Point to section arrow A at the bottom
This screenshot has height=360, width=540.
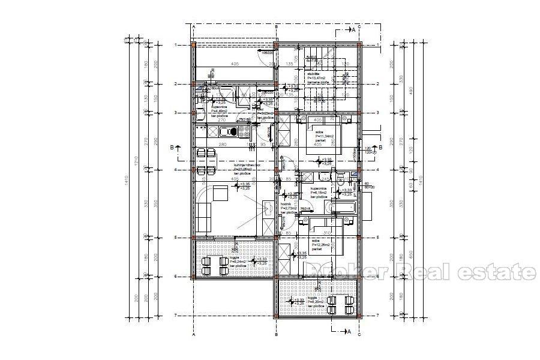pyautogui.click(x=349, y=331)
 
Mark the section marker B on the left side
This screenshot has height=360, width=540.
pyautogui.click(x=171, y=147)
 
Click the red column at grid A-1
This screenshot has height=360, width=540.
pyautogui.click(x=193, y=45)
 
